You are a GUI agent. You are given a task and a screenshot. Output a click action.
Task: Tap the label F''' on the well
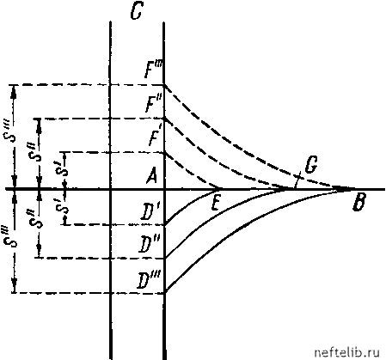pyautogui.click(x=154, y=70)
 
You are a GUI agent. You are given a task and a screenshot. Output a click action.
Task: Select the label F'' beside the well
pyautogui.click(x=153, y=104)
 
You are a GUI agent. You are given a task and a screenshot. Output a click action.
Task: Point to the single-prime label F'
pyautogui.click(x=156, y=137)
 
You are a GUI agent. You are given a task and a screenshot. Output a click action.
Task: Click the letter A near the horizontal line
pyautogui.click(x=151, y=175)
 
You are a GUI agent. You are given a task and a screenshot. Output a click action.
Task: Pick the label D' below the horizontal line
pyautogui.click(x=150, y=213)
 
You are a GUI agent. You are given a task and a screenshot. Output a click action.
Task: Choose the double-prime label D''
pyautogui.click(x=149, y=244)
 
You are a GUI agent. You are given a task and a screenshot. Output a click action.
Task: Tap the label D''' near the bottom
pyautogui.click(x=149, y=281)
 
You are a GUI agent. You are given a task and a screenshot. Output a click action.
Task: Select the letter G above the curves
pyautogui.click(x=310, y=166)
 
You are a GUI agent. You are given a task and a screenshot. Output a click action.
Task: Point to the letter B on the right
pyautogui.click(x=358, y=203)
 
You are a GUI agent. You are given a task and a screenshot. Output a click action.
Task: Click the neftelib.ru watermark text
pyautogui.click(x=346, y=352)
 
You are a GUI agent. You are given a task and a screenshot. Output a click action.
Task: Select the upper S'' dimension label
pyautogui.click(x=38, y=152)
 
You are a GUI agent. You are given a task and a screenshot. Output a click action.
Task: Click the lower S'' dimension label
pyautogui.click(x=38, y=218)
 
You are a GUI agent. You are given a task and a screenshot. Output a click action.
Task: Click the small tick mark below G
pyautogui.click(x=298, y=180)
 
